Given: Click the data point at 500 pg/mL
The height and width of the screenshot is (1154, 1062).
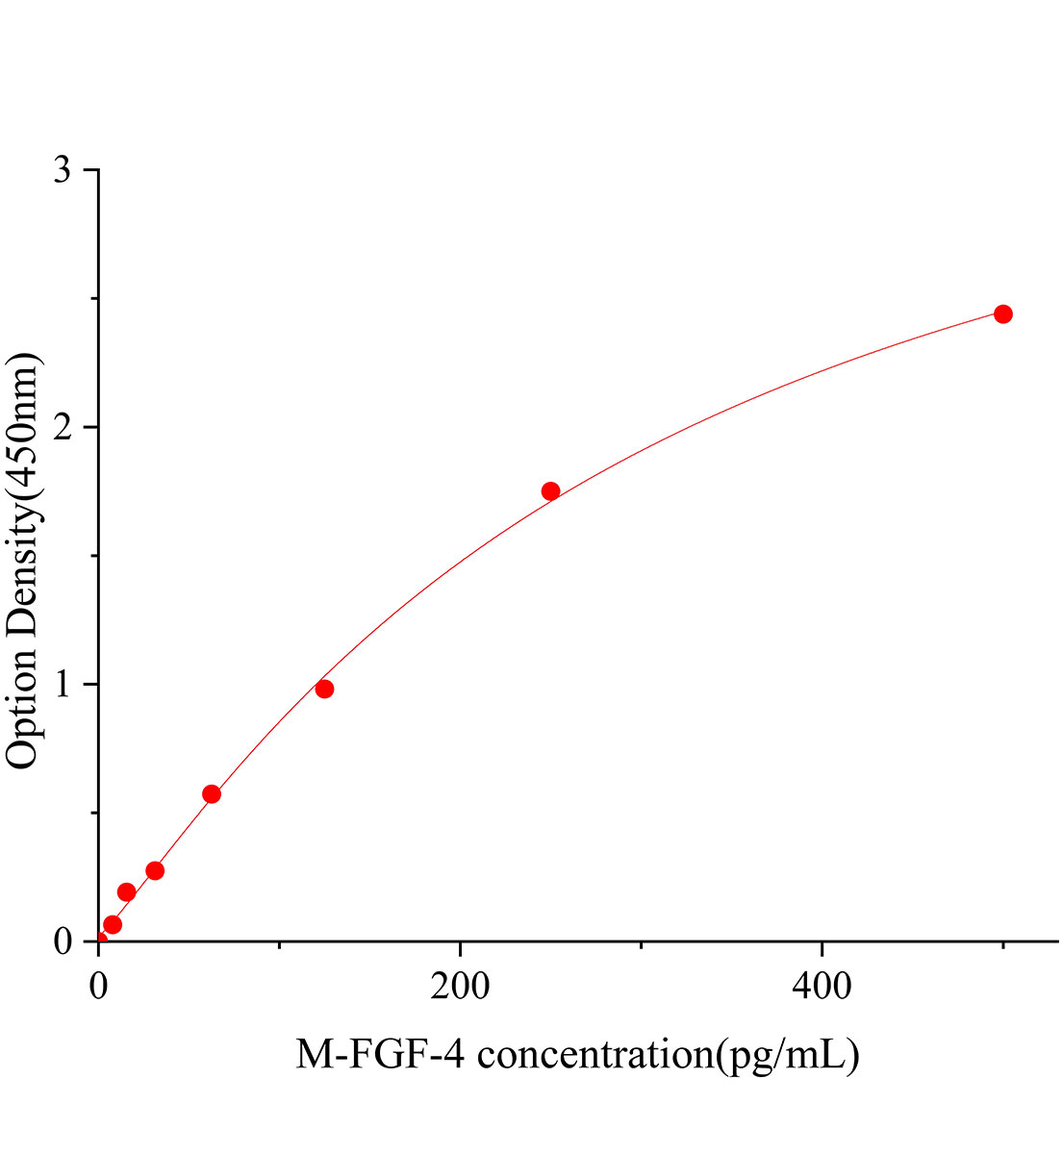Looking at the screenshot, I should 1002,314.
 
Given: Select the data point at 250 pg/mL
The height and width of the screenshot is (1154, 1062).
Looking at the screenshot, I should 550,491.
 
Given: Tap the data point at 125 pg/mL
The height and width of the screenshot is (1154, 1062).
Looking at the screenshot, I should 324,689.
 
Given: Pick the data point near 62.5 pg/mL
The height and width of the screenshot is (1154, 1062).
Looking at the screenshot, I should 212,794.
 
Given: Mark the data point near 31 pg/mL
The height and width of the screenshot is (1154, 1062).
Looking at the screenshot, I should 155,870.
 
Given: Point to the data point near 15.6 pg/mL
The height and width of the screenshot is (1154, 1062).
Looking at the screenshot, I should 126,892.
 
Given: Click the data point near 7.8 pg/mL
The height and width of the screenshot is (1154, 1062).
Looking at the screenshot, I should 113,924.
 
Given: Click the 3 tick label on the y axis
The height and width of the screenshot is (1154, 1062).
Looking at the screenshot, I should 63,171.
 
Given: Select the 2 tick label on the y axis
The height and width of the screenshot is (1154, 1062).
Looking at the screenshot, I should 63,428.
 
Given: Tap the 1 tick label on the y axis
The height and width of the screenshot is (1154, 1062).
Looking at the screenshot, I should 63,685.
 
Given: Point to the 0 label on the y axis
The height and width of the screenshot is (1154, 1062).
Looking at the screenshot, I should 63,941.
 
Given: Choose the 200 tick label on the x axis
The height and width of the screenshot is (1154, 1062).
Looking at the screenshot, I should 460,987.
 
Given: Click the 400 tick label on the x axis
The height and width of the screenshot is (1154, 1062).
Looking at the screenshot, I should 822,987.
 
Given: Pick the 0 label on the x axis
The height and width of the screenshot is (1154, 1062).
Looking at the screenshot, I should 98,987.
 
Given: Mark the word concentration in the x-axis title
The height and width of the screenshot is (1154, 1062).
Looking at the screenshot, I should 591,1055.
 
